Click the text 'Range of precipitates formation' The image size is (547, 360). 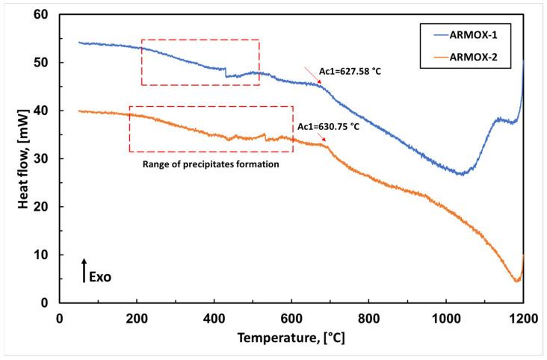pyautogui.click(x=211, y=164)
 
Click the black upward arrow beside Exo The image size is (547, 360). pyautogui.click(x=84, y=270)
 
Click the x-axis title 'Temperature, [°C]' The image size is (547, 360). pyautogui.click(x=291, y=338)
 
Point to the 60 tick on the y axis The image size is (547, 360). pyautogui.click(x=46, y=14)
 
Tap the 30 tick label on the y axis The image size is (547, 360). pyautogui.click(x=46, y=158)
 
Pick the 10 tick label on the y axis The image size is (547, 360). pyautogui.click(x=46, y=255)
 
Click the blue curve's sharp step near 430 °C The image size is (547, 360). pyautogui.click(x=226, y=72)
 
